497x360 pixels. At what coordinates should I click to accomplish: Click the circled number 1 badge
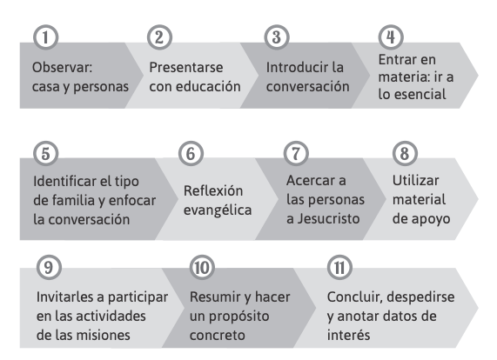pos(45,37)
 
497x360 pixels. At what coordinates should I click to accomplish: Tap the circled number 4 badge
pos(391,37)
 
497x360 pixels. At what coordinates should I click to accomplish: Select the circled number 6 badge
pos(191,154)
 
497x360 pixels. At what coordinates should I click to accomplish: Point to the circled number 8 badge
pos(405,154)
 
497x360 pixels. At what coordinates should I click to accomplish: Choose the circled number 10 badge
pos(202,268)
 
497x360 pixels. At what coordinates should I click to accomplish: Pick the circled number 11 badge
pos(339,268)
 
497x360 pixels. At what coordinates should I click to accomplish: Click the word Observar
pos(62,68)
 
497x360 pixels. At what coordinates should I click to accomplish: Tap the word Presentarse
pos(186,68)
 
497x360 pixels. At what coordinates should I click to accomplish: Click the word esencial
pos(420,95)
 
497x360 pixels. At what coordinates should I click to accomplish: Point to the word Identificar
pos(64,182)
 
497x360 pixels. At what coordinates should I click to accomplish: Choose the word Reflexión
pos(213,191)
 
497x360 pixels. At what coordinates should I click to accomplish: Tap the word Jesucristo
pos(328,219)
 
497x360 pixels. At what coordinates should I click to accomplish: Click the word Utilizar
pos(416,181)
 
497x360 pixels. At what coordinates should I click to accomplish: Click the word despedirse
pos(420,297)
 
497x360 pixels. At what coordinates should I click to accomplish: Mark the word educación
pos(208,86)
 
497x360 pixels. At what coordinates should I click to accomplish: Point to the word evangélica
pos(218,210)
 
